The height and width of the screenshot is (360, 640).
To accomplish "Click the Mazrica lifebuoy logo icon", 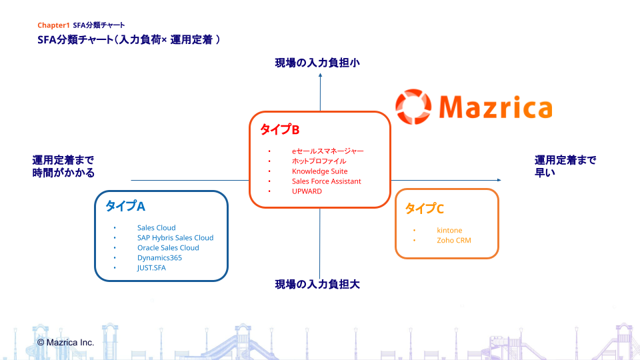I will pyautogui.click(x=412, y=107).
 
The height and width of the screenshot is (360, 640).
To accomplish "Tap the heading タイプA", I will pyautogui.click(x=125, y=206).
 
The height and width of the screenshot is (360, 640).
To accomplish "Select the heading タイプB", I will pyautogui.click(x=279, y=129).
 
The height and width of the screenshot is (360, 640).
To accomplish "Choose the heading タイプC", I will pyautogui.click(x=425, y=209).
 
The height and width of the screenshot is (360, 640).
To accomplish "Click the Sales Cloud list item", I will pyautogui.click(x=157, y=228).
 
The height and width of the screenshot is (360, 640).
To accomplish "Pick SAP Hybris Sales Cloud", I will pyautogui.click(x=175, y=238).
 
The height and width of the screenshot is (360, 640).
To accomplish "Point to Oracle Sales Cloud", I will pyautogui.click(x=168, y=248).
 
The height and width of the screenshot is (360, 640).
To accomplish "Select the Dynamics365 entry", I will pyautogui.click(x=159, y=258).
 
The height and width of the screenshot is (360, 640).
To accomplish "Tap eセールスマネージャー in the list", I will pyautogui.click(x=328, y=151).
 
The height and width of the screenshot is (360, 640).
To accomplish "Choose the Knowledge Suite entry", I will pyautogui.click(x=320, y=171).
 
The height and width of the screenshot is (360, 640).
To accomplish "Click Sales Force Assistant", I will pyautogui.click(x=327, y=181).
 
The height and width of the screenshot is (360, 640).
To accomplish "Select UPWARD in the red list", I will pyautogui.click(x=307, y=191).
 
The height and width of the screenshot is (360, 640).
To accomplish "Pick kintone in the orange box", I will pyautogui.click(x=449, y=231).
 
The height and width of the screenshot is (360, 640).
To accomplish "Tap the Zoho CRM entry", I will pyautogui.click(x=454, y=241).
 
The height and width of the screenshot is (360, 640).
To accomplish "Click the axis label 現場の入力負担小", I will pyautogui.click(x=318, y=63).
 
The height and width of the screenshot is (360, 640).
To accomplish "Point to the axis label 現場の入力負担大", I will pyautogui.click(x=318, y=285).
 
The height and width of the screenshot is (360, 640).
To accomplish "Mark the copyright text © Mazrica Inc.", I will pyautogui.click(x=65, y=342).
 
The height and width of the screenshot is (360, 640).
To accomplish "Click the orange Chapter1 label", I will pyautogui.click(x=53, y=25).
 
